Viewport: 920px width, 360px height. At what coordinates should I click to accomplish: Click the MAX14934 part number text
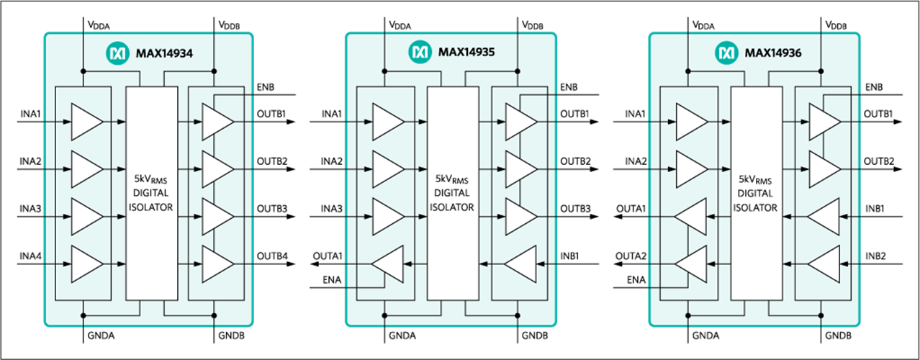click(164, 53)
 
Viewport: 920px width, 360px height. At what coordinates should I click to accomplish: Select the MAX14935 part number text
click(466, 53)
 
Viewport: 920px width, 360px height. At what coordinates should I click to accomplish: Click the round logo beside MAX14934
click(117, 53)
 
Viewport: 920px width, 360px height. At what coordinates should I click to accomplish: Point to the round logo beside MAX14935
click(419, 53)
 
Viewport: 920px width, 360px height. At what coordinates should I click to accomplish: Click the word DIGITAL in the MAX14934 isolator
click(151, 193)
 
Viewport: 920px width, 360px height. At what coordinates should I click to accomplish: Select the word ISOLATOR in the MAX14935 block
click(452, 207)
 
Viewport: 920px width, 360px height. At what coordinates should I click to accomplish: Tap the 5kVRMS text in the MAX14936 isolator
click(756, 179)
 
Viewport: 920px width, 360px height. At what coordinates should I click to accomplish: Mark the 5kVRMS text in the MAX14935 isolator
click(452, 179)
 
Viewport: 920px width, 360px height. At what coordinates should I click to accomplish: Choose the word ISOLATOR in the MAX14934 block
click(151, 207)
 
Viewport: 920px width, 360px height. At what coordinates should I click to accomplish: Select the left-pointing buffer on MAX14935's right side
click(520, 264)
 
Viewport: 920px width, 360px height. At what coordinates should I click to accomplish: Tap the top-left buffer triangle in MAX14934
click(86, 122)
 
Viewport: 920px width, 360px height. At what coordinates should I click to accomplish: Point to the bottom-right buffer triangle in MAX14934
click(217, 264)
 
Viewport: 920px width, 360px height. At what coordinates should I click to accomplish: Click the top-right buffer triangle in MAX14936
click(824, 122)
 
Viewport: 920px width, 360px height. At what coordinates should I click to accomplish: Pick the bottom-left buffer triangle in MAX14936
click(691, 264)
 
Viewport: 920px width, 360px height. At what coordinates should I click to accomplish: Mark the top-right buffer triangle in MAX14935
click(520, 122)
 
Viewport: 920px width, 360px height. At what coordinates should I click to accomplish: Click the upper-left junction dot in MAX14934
click(84, 71)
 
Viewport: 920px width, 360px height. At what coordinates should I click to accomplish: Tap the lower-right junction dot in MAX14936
click(821, 315)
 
